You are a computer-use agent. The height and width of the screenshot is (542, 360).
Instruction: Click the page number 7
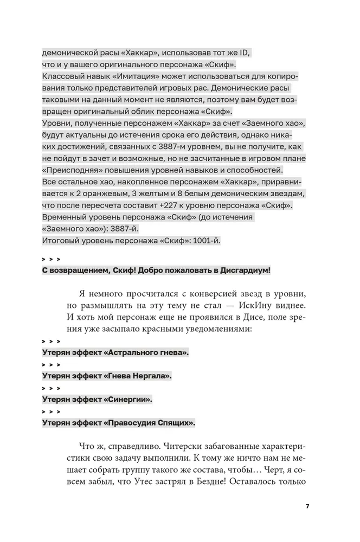pos(307,506)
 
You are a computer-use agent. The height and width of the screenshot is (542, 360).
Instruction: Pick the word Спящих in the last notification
pos(177,423)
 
